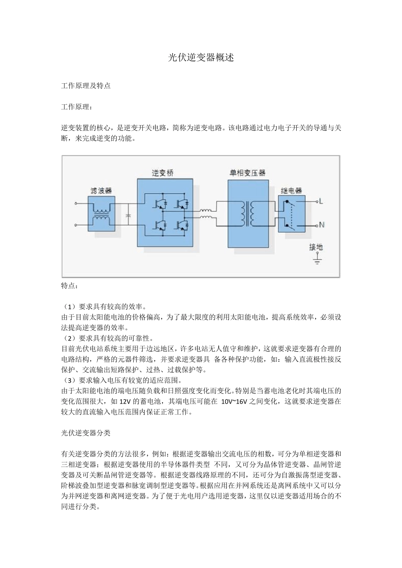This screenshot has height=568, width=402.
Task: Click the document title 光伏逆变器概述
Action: coord(201,57)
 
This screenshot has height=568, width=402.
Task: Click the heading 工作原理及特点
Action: coord(86,85)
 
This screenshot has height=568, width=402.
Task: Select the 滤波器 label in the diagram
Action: coord(101,191)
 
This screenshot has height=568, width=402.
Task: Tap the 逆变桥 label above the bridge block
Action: coord(163,173)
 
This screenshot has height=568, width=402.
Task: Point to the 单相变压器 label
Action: coord(248,173)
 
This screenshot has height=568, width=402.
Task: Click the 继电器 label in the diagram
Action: coord(291,191)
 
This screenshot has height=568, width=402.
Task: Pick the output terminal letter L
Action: coord(321,202)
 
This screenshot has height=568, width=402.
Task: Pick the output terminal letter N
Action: coord(322,225)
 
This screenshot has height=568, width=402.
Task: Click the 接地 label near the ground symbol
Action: coord(316,247)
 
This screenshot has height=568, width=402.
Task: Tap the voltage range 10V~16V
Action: coord(234,401)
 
